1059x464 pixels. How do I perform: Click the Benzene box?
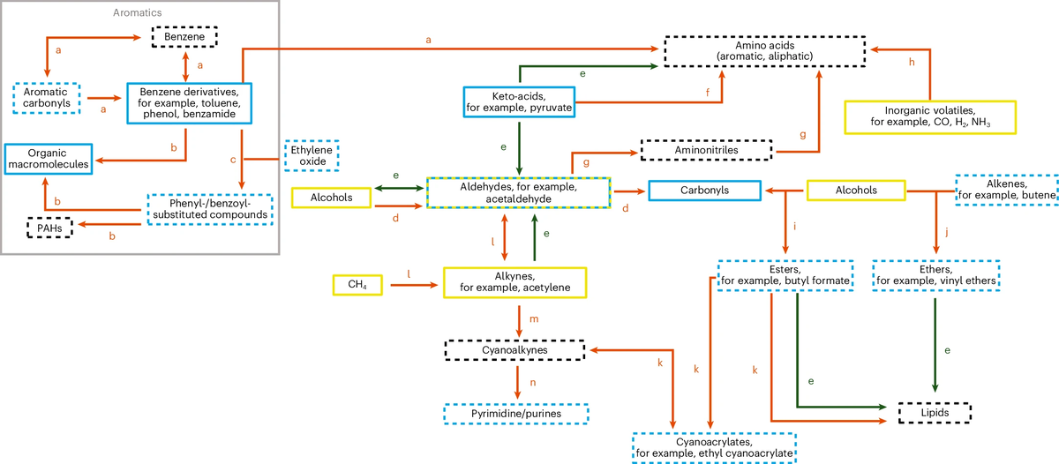tap(184, 37)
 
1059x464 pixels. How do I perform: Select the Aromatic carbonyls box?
tap(47, 99)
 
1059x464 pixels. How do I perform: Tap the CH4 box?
tap(357, 285)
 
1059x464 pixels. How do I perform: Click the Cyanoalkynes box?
tap(515, 350)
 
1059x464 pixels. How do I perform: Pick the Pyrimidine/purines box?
tap(515, 412)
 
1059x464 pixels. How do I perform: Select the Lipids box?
tap(935, 412)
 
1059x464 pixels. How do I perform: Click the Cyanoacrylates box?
tap(714, 446)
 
